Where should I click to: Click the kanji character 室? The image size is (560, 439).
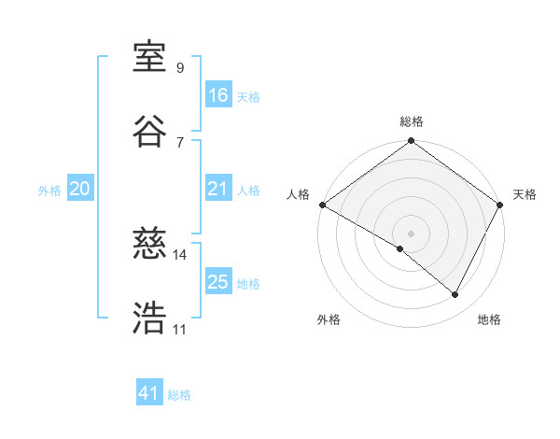click(x=150, y=57)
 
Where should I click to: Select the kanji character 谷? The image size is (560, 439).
click(x=150, y=130)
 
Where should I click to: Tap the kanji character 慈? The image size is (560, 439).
click(x=150, y=244)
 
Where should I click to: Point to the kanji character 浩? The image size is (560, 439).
click(x=150, y=318)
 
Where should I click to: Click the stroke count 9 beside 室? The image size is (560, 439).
click(x=179, y=68)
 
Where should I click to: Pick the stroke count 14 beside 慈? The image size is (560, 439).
click(x=179, y=254)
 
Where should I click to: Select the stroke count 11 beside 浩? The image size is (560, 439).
click(x=179, y=329)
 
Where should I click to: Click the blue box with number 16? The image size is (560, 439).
click(x=218, y=95)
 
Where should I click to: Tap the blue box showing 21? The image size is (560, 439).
click(x=218, y=190)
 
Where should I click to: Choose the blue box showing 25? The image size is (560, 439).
click(x=218, y=283)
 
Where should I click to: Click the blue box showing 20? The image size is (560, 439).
click(x=80, y=190)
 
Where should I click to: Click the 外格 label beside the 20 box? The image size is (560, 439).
click(x=49, y=191)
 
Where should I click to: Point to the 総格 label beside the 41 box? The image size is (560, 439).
click(x=179, y=395)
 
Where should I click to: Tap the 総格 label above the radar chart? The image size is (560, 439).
click(x=412, y=121)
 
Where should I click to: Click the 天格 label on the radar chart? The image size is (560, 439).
click(x=525, y=194)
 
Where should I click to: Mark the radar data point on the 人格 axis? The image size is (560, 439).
click(x=322, y=205)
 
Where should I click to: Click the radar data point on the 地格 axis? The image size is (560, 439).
click(x=455, y=295)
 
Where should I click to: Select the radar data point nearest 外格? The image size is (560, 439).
click(x=400, y=248)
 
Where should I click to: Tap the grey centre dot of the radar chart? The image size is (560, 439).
click(x=411, y=232)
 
